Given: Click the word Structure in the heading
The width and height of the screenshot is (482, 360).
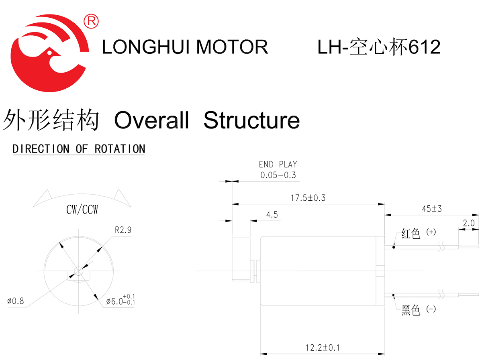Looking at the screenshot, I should pyautogui.click(x=251, y=120).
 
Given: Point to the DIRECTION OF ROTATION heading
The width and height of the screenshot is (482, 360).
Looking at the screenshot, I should pyautogui.click(x=79, y=149).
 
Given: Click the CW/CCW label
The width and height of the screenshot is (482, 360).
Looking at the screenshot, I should pyautogui.click(x=82, y=210).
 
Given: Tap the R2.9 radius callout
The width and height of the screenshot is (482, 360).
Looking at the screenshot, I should pyautogui.click(x=123, y=230).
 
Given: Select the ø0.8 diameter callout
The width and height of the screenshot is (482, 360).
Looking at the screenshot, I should pyautogui.click(x=16, y=301).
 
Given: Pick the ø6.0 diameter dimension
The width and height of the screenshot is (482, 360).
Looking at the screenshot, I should pyautogui.click(x=120, y=301).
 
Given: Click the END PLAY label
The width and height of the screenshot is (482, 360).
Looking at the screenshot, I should pyautogui.click(x=278, y=164).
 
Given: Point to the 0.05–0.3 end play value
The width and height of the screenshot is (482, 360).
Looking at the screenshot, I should pyautogui.click(x=278, y=175).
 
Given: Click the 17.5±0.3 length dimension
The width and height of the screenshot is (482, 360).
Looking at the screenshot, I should pyautogui.click(x=308, y=197).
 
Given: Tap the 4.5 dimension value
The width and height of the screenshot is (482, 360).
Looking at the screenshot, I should pyautogui.click(x=272, y=215).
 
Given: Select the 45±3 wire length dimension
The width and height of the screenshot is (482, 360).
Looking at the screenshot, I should pyautogui.click(x=431, y=209).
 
